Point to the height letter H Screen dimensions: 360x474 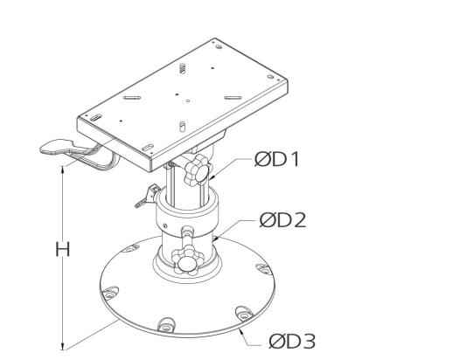[62, 249]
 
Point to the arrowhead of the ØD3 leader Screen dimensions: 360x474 [240, 330]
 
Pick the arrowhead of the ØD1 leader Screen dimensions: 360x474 [208, 183]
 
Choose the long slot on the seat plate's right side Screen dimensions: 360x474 [234, 95]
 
